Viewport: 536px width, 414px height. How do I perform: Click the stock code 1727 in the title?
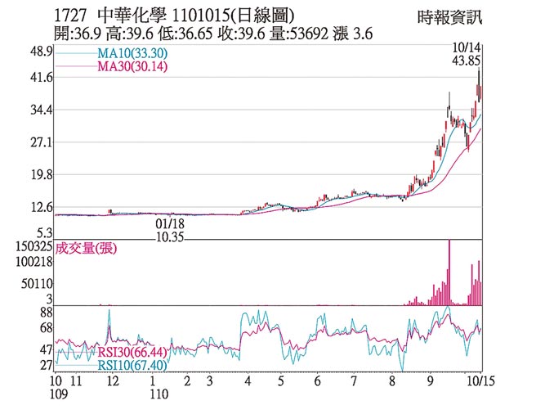pos(70,14)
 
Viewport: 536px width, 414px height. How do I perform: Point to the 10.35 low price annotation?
pos(169,236)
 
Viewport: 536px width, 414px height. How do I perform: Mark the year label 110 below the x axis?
pos(159,394)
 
